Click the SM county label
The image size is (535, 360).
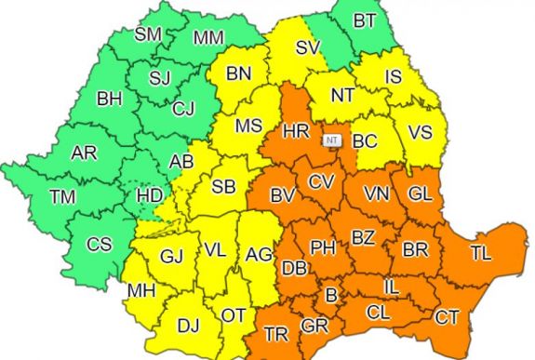click(148, 35)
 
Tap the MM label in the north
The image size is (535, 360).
click(208, 38)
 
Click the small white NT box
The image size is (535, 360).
click(331, 139)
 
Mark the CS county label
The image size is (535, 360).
click(99, 246)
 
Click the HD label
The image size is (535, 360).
click(149, 195)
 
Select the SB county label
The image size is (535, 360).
click(222, 186)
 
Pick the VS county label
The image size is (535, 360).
click(421, 132)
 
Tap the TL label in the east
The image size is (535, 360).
click(481, 251)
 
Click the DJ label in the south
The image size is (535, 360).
click(189, 325)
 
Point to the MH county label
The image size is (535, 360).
click(141, 291)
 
